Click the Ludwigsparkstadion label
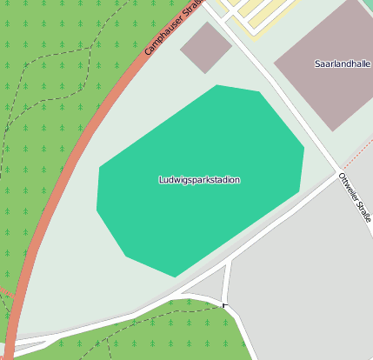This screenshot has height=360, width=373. point(199,180)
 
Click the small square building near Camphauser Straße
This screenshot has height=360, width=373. point(205,47)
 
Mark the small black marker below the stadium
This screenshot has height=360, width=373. point(224,304)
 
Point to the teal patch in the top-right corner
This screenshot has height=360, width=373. point(369,4)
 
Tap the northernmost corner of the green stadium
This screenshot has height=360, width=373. point(217,86)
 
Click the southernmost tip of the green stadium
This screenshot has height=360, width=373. point(176,277)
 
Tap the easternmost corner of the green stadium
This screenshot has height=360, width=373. point(303,148)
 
